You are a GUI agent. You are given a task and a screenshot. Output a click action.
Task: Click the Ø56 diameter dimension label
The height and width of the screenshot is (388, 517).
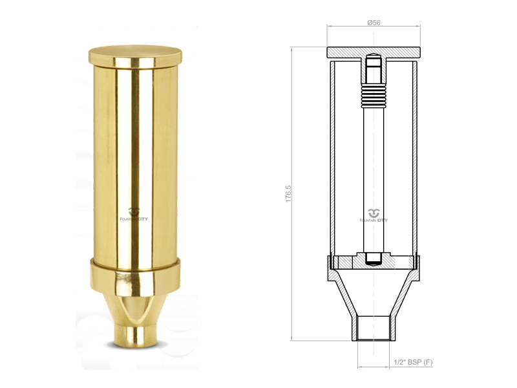[374, 23]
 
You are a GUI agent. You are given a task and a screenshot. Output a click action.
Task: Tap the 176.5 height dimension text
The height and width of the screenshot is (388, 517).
[288, 193]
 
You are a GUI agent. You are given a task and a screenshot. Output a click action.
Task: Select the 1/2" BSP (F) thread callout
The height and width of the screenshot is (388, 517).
[413, 362]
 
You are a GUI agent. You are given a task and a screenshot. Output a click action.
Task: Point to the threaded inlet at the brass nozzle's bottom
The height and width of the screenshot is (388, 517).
[136, 336]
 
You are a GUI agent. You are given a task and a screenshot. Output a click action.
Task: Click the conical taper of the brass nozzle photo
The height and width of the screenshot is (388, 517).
[136, 310]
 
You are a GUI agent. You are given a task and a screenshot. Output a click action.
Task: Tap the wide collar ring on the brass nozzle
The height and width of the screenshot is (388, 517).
[136, 277]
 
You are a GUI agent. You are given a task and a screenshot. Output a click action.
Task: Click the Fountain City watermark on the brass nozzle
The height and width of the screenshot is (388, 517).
[134, 215]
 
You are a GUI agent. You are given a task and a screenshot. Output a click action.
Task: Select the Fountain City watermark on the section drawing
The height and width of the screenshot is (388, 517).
[374, 216]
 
